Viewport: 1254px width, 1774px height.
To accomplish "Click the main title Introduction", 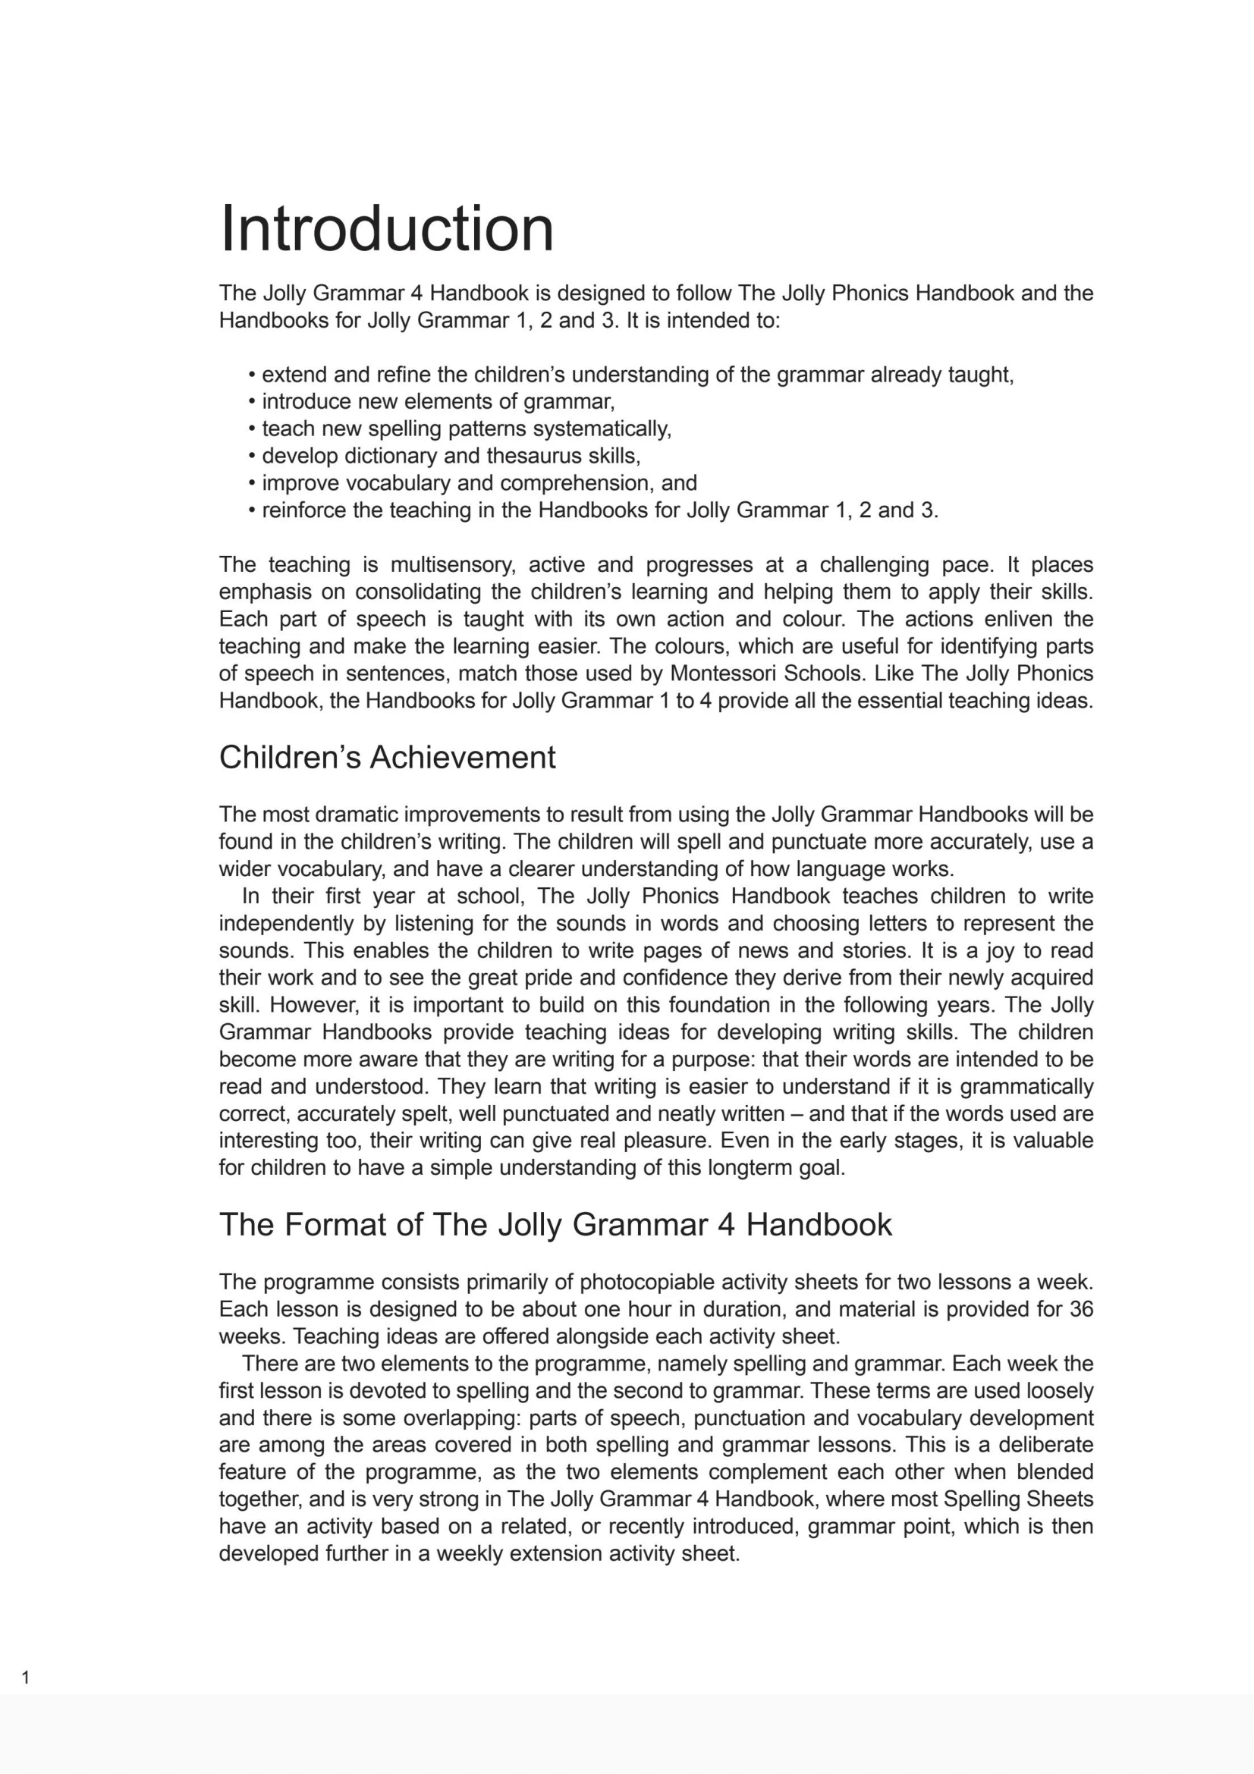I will click(386, 229).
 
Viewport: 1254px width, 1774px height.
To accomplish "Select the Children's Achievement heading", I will click(387, 757).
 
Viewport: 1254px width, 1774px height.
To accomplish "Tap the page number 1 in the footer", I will click(26, 1678).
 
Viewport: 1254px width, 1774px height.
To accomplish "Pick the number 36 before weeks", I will click(1081, 1309).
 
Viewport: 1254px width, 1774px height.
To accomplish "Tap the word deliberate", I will click(1045, 1445).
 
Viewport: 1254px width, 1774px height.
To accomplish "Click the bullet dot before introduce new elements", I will click(252, 402).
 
